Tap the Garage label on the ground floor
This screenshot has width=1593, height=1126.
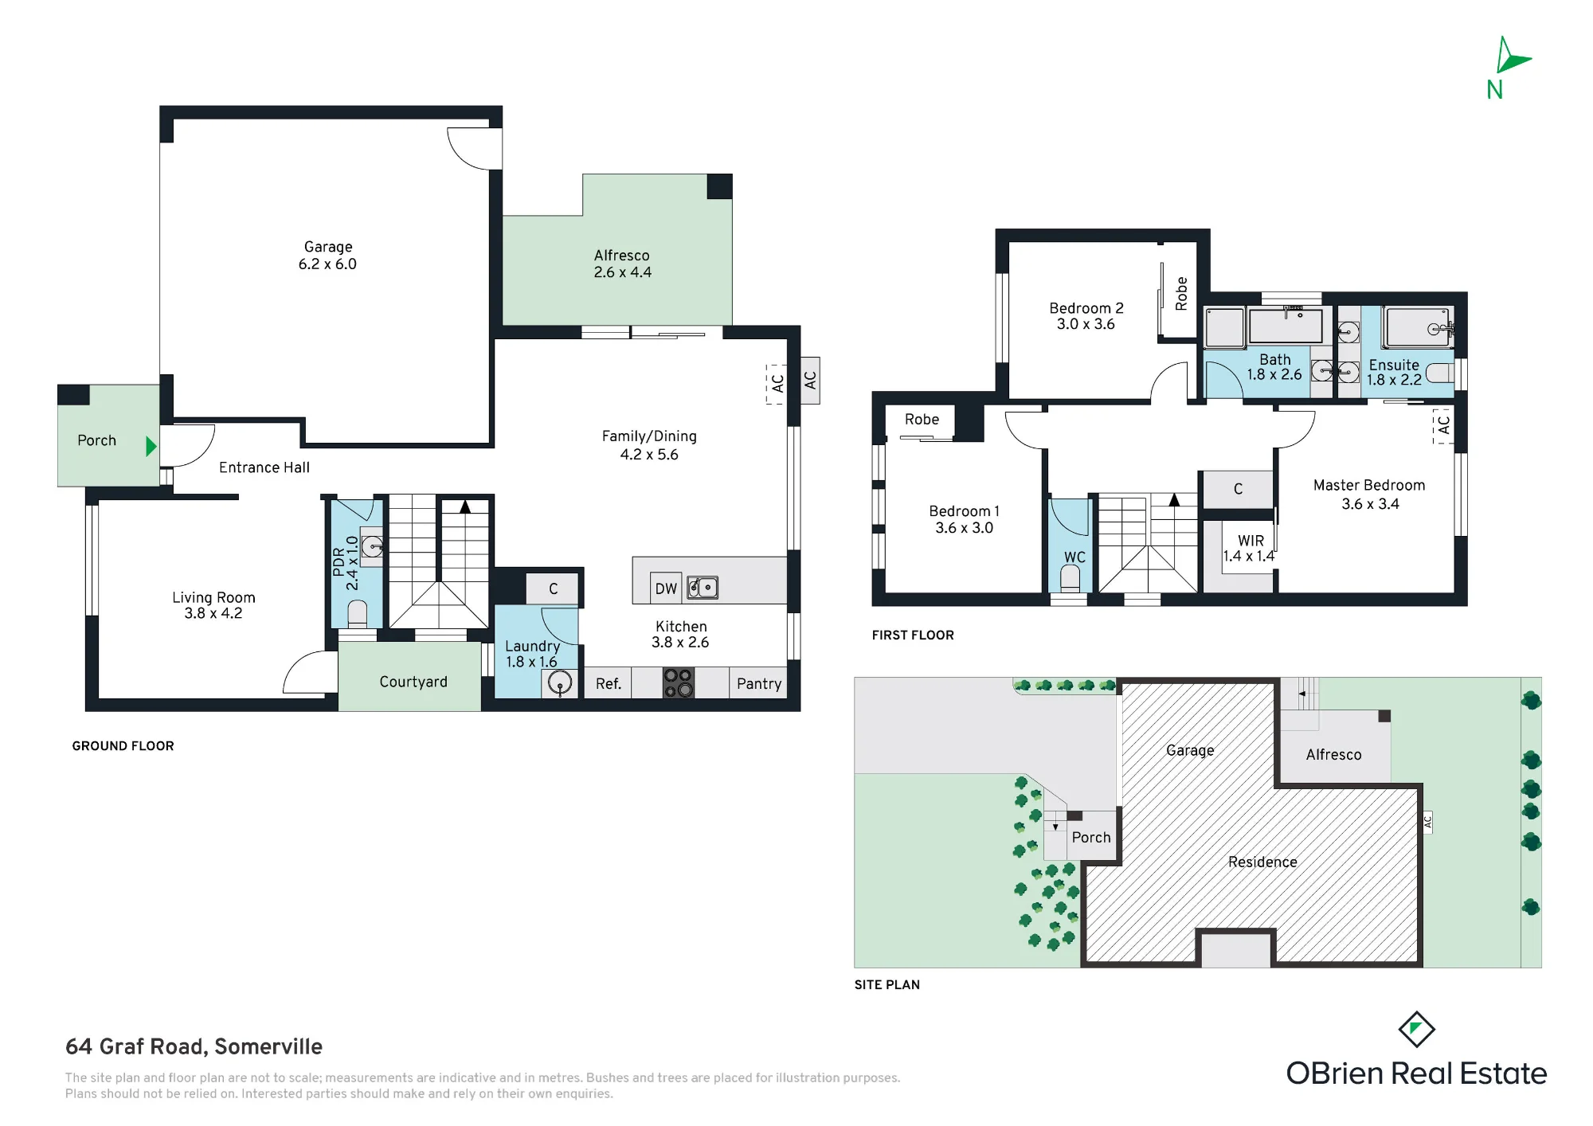(x=327, y=247)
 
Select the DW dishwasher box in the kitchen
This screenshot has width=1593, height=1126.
(x=666, y=588)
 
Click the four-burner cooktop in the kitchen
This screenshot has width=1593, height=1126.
(x=679, y=683)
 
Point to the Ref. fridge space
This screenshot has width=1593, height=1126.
(x=609, y=684)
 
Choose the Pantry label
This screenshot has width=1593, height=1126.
(x=759, y=684)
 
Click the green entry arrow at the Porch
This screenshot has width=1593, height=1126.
(x=151, y=447)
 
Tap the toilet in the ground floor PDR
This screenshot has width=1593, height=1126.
(x=358, y=614)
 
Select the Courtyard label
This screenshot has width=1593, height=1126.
(x=413, y=682)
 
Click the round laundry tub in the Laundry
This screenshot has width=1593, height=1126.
(x=560, y=683)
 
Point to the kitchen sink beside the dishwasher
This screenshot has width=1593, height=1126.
(x=703, y=588)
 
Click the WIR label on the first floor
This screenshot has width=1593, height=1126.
(x=1251, y=541)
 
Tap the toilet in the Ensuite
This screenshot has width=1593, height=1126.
(x=1439, y=373)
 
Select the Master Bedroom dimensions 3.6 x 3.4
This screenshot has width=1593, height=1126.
(x=1370, y=504)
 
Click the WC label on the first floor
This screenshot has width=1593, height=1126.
(x=1074, y=557)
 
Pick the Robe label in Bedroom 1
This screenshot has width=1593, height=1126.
(x=922, y=420)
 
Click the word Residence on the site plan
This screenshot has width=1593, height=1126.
(x=1262, y=862)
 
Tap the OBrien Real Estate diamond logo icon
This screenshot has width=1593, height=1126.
(x=1417, y=1030)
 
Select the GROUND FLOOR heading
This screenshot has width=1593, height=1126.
(x=123, y=746)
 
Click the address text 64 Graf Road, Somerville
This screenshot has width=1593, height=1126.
(x=194, y=1046)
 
